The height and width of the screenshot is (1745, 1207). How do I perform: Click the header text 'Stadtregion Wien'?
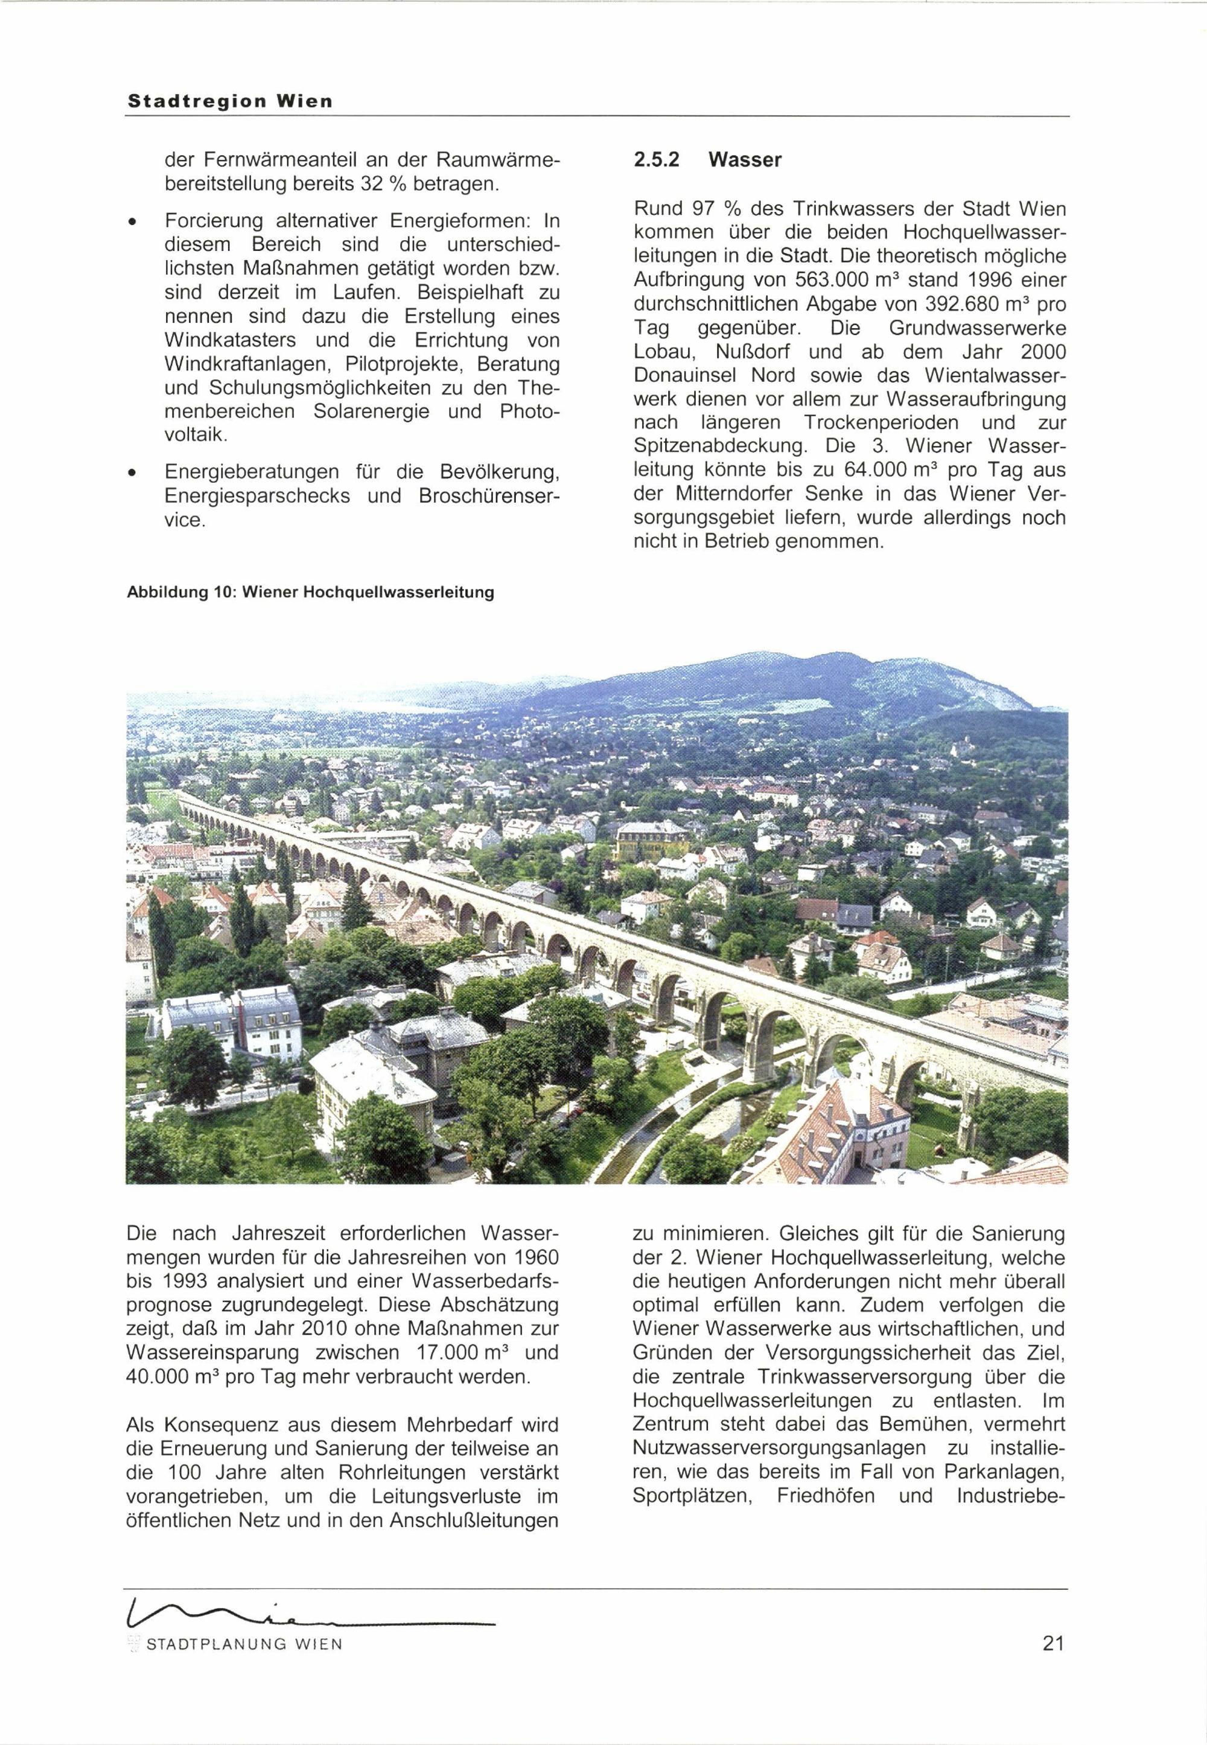coord(229,101)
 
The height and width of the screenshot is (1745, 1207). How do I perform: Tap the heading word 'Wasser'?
coord(745,161)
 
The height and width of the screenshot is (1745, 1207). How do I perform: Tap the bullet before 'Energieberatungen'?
coord(132,473)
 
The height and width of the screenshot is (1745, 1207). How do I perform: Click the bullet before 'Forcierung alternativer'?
coord(132,221)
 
